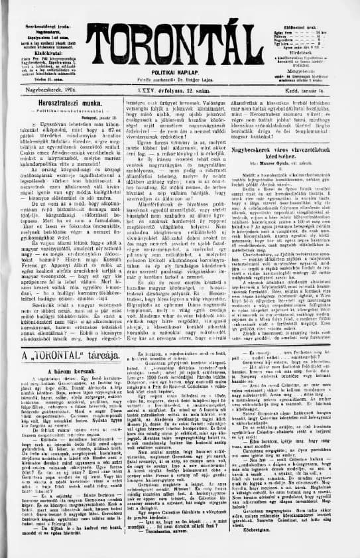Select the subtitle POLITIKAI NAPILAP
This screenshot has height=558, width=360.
(179, 70)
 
